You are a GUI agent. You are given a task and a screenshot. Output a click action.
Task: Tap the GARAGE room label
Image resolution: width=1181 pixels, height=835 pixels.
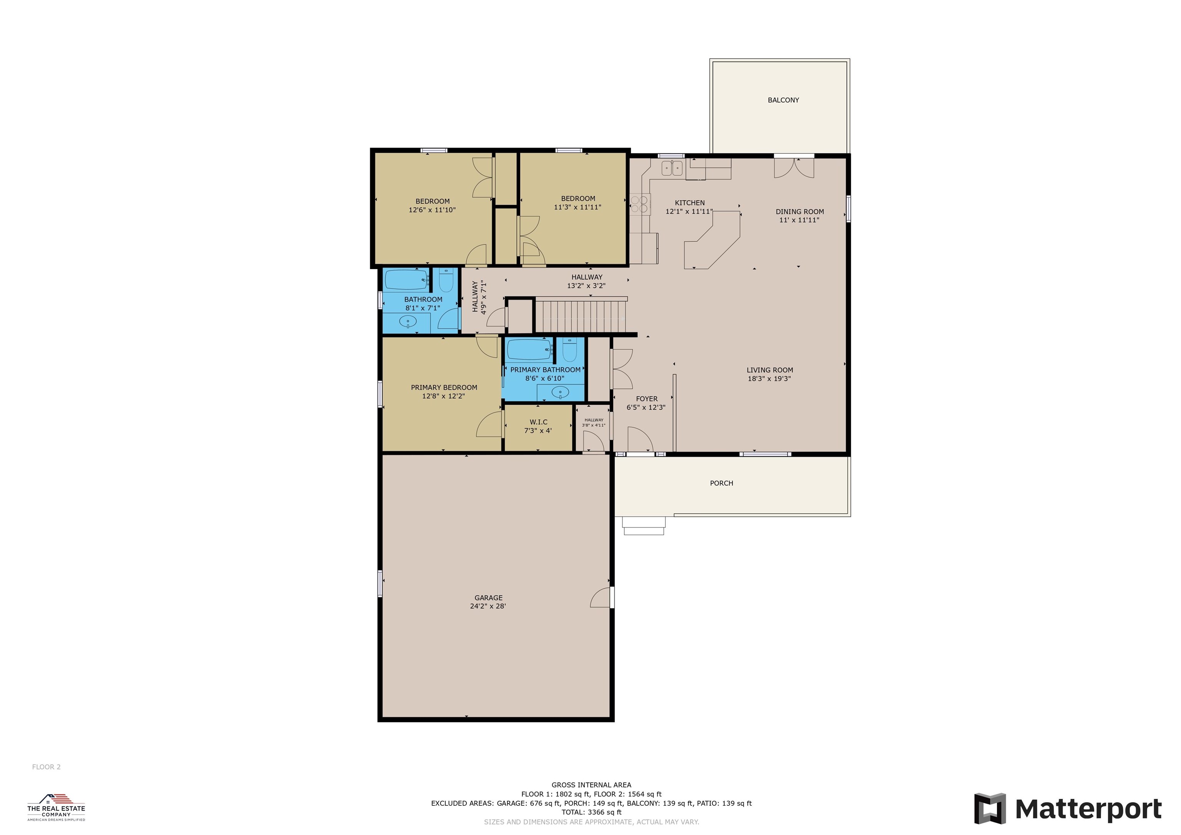pos(488,598)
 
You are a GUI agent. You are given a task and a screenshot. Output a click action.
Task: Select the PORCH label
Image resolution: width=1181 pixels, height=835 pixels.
pos(721,483)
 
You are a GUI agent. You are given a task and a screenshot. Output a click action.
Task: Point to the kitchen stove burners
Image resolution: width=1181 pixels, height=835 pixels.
pos(639,204)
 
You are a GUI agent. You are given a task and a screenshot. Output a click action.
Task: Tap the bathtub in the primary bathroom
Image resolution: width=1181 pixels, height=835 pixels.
pos(529,350)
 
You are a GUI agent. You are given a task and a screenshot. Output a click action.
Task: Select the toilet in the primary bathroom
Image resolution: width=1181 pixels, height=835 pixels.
pos(569,350)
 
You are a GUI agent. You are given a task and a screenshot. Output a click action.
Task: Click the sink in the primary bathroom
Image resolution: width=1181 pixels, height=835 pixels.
pos(560,393)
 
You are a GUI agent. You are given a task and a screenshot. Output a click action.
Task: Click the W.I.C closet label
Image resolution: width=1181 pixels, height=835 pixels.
pos(539,422)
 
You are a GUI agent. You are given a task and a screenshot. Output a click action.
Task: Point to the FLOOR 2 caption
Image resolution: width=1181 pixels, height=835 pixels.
pos(46,767)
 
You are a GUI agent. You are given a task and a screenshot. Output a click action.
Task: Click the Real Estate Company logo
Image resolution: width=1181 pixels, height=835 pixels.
pos(56,807)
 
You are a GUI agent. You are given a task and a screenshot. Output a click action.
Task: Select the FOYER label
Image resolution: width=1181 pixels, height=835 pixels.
pos(647,399)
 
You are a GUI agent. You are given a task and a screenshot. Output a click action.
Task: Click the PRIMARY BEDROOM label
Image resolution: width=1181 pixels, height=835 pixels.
pos(444,388)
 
